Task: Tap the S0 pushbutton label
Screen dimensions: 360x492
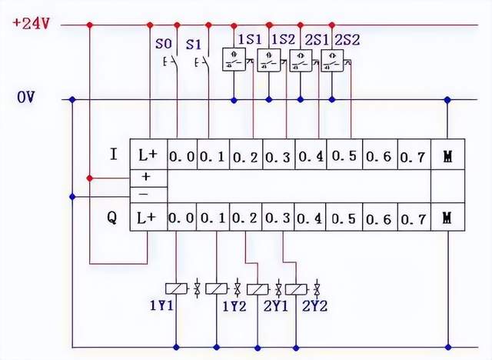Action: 164,43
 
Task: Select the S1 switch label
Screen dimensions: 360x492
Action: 195,43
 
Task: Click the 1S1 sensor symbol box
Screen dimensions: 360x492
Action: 234,60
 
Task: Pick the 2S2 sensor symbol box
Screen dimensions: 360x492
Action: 332,60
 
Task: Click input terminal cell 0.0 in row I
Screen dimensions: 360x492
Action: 182,156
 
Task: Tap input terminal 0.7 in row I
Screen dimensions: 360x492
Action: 412,156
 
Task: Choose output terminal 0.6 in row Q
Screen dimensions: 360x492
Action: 379,218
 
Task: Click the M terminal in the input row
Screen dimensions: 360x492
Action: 447,156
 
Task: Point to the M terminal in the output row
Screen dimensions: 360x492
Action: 447,218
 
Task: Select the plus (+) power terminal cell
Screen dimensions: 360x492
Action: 146,177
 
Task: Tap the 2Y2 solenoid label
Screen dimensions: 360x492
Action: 315,305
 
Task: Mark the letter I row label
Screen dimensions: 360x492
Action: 113,155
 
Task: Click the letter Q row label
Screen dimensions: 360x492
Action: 112,218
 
